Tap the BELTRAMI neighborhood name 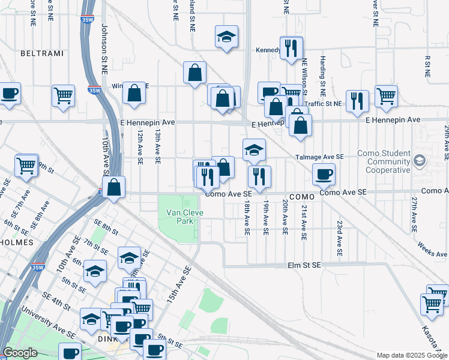click(41, 53)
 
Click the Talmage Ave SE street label click(319, 157)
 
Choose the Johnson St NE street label click(104, 49)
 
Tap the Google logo click(20, 353)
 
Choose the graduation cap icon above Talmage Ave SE click(255, 149)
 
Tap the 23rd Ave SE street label click(339, 238)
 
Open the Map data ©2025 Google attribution click(412, 355)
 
